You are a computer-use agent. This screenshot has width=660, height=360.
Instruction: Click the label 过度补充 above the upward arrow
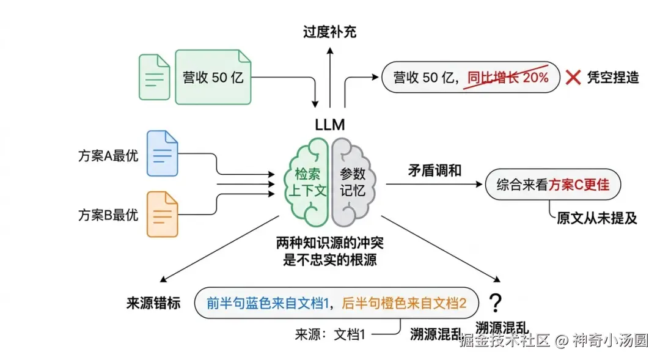pos(329,32)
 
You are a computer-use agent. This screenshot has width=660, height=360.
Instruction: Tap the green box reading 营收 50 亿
pos(213,77)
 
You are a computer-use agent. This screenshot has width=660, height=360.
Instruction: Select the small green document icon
pos(154,77)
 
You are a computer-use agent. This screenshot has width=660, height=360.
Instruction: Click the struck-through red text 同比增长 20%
pos(508,78)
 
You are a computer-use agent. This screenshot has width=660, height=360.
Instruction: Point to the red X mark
pos(573,78)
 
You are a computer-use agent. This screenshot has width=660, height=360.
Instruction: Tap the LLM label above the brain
pos(330,125)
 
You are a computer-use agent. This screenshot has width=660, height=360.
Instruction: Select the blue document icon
pos(162,153)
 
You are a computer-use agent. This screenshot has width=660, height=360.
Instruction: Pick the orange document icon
pos(162,214)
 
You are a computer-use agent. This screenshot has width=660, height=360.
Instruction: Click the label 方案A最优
pos(108,155)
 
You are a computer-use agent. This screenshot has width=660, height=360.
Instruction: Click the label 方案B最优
pos(108,215)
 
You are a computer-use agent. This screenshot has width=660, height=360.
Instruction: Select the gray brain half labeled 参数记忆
pos(353,182)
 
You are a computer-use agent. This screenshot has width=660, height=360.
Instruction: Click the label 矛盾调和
pos(435,171)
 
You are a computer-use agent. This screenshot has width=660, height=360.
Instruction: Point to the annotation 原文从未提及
pos(597,218)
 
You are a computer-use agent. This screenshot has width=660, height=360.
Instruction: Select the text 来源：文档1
pos(331,334)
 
